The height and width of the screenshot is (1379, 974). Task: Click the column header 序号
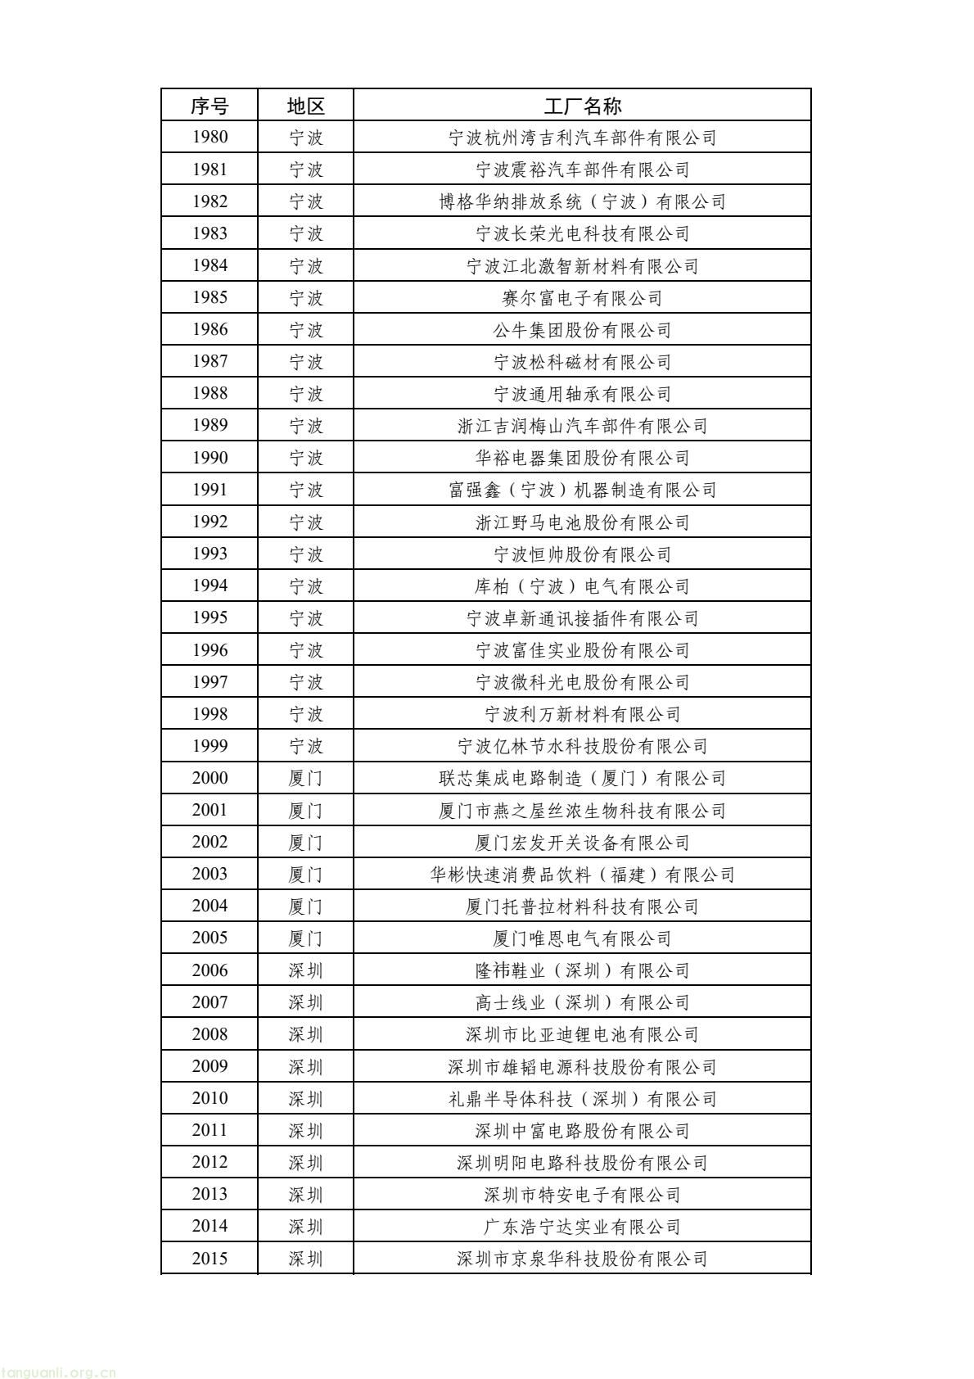(210, 106)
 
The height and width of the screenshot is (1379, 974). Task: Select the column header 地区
(305, 106)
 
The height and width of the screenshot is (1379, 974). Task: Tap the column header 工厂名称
(582, 106)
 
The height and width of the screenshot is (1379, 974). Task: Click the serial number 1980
(210, 138)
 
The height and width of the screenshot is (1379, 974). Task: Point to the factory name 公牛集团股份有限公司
(582, 330)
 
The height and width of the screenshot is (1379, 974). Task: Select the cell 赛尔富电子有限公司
(582, 298)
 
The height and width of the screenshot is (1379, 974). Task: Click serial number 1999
(210, 746)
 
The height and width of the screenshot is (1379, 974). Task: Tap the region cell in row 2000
(305, 778)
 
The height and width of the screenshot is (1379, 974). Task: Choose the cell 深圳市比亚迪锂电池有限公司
(582, 1034)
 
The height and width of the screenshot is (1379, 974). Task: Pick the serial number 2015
(210, 1259)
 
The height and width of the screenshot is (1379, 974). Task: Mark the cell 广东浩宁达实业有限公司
(582, 1227)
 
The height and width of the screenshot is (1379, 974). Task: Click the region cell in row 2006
(305, 970)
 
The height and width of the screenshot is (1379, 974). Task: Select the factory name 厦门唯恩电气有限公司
(582, 938)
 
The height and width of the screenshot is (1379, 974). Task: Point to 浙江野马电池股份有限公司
(582, 522)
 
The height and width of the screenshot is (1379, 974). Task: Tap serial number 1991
(210, 490)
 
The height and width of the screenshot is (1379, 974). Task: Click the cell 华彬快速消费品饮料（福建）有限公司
(582, 875)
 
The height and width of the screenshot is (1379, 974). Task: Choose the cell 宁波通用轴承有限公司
(582, 394)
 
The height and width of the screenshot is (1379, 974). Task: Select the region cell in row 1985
(305, 298)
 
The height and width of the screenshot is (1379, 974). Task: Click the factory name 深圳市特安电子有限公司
(582, 1195)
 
